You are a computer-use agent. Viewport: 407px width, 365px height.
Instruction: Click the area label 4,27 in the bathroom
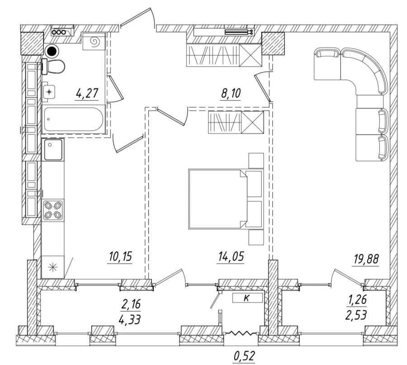(87, 95)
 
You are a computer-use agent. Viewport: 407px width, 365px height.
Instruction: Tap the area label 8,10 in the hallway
(231, 94)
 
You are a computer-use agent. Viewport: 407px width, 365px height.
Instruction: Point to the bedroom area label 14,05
(231, 257)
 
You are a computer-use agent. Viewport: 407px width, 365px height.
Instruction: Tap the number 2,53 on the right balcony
(356, 314)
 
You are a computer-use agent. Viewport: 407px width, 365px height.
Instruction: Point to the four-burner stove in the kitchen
(53, 210)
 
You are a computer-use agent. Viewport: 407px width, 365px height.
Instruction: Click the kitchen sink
(53, 150)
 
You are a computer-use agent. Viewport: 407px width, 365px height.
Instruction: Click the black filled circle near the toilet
(53, 51)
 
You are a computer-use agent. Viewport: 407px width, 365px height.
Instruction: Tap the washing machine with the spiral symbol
(94, 43)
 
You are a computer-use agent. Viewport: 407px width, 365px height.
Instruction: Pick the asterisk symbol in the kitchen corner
(53, 267)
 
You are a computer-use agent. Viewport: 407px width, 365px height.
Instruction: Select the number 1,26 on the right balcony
(356, 299)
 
